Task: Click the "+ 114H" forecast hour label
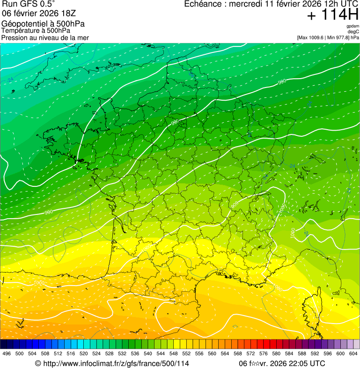point(332,15)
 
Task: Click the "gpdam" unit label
point(353,26)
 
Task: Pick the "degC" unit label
point(353,31)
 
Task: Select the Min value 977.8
point(342,37)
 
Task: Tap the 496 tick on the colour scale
point(7,353)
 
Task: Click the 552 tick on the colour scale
point(186,353)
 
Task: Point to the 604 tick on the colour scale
point(353,353)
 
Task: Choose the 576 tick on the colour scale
point(263,353)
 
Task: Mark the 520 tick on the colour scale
point(84,353)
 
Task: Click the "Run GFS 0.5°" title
point(29,5)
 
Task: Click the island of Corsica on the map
point(309,307)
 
